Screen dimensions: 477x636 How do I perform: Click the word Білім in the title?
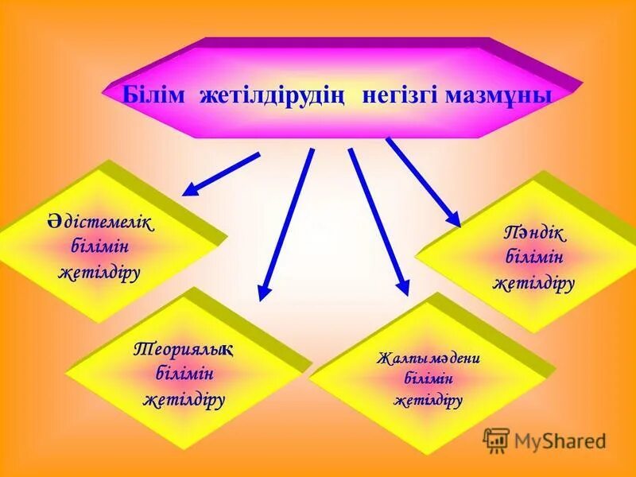(153, 95)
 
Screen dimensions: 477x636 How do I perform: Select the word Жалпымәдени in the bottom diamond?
(429, 358)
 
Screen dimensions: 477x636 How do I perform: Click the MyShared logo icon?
(496, 440)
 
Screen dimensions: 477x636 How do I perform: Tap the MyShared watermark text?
(560, 441)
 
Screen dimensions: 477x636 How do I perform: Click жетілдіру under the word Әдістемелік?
(100, 272)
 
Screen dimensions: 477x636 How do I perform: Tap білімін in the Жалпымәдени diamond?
(429, 379)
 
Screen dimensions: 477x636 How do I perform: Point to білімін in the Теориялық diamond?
(184, 372)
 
